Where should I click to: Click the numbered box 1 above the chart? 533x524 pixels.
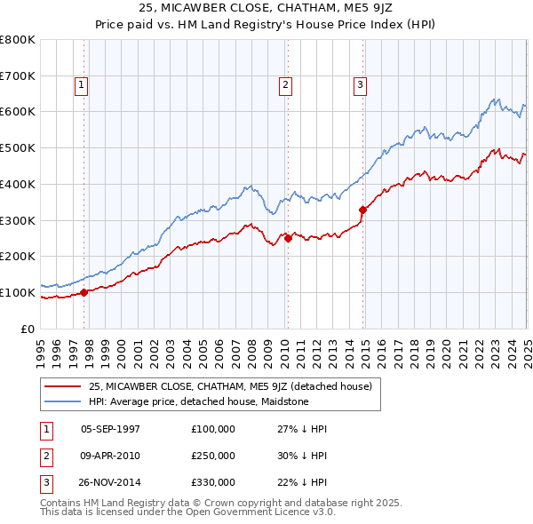coord(81,85)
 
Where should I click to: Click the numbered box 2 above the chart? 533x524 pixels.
coord(285,85)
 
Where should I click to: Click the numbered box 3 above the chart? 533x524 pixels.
coord(361,85)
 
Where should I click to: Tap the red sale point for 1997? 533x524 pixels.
coord(84,291)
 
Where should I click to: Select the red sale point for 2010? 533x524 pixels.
coord(288,237)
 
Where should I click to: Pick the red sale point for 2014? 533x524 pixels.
coord(362,210)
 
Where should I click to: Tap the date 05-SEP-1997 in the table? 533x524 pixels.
coord(110,429)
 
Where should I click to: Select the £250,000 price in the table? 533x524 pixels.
coord(213,456)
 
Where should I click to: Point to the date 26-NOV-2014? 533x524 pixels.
coord(110,482)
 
